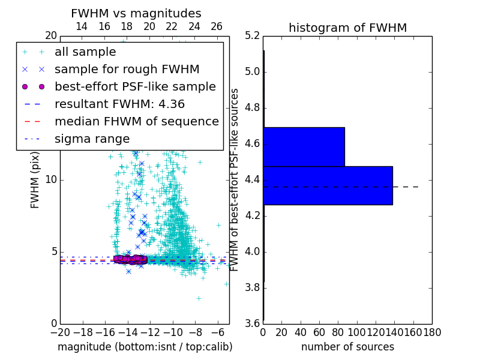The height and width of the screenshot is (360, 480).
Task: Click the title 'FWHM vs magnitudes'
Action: tap(136, 13)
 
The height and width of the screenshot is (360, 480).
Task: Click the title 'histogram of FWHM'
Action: tap(347, 28)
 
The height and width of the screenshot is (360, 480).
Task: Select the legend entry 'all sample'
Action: tap(85, 52)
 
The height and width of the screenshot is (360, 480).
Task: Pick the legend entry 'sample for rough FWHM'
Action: tap(127, 70)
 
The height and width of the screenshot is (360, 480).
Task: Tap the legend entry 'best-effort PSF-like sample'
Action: tap(135, 86)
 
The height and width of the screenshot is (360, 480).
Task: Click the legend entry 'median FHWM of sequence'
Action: tap(136, 121)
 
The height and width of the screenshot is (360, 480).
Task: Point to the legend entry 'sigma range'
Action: tap(92, 139)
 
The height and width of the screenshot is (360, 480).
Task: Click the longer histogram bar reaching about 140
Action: tap(328, 185)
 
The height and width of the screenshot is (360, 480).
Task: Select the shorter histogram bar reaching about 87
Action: tap(304, 147)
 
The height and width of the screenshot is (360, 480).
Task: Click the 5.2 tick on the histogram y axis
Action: tap(253, 35)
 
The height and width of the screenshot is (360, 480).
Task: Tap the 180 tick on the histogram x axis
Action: tap(432, 331)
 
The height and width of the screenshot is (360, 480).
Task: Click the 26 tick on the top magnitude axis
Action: tap(217, 26)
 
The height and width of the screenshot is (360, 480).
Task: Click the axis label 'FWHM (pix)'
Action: tap(35, 179)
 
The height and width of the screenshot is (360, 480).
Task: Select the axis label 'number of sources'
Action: tap(347, 347)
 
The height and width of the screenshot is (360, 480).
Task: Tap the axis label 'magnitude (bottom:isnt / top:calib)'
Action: tap(145, 347)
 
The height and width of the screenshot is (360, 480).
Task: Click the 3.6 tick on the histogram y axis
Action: tap(253, 323)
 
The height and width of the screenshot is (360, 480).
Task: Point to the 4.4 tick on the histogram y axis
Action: tap(253, 179)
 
